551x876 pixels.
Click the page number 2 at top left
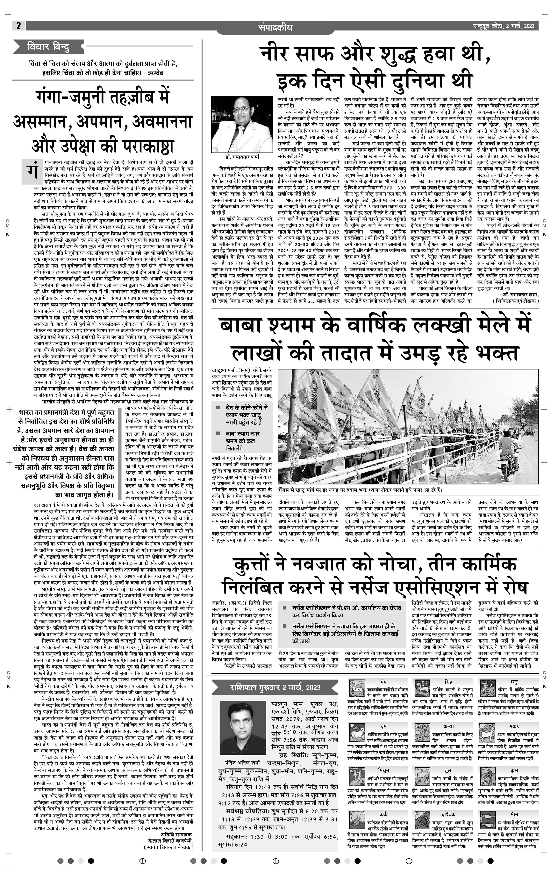coord(18,26)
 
